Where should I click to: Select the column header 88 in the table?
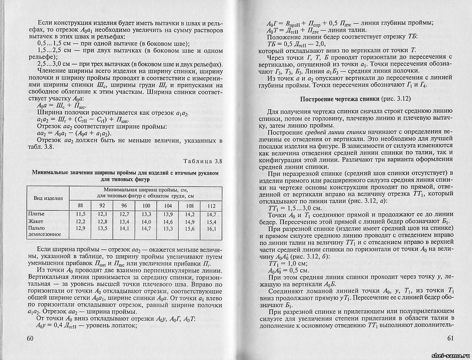coord(80,206)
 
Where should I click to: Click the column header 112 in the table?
coord(211,206)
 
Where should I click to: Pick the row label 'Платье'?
coord(36,214)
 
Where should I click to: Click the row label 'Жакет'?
coord(34,221)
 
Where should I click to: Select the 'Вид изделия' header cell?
coord(48,197)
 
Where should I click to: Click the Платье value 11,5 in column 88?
coord(80,214)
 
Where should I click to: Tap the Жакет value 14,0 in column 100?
coord(146,222)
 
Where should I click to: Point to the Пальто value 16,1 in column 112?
coord(211,228)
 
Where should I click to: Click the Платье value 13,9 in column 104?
coord(168,214)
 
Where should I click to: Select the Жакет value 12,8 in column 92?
coord(103,222)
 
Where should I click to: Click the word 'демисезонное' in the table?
coord(45,235)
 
